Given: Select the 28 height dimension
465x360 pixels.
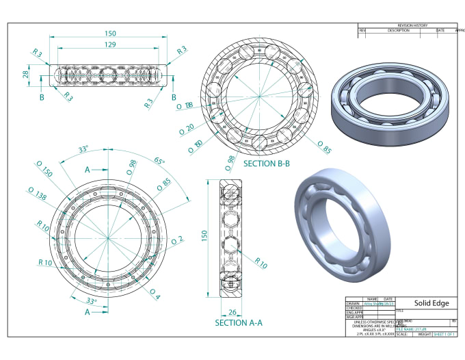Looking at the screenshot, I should pos(26,74).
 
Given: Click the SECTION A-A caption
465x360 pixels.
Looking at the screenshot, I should pos(239,322).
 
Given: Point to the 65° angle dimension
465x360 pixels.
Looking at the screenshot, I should pos(159,162).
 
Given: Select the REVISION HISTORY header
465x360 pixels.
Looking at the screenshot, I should pos(408,25).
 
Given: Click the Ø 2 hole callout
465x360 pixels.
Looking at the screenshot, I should pos(177,240).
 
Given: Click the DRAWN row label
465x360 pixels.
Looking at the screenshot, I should pos(354,303).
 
